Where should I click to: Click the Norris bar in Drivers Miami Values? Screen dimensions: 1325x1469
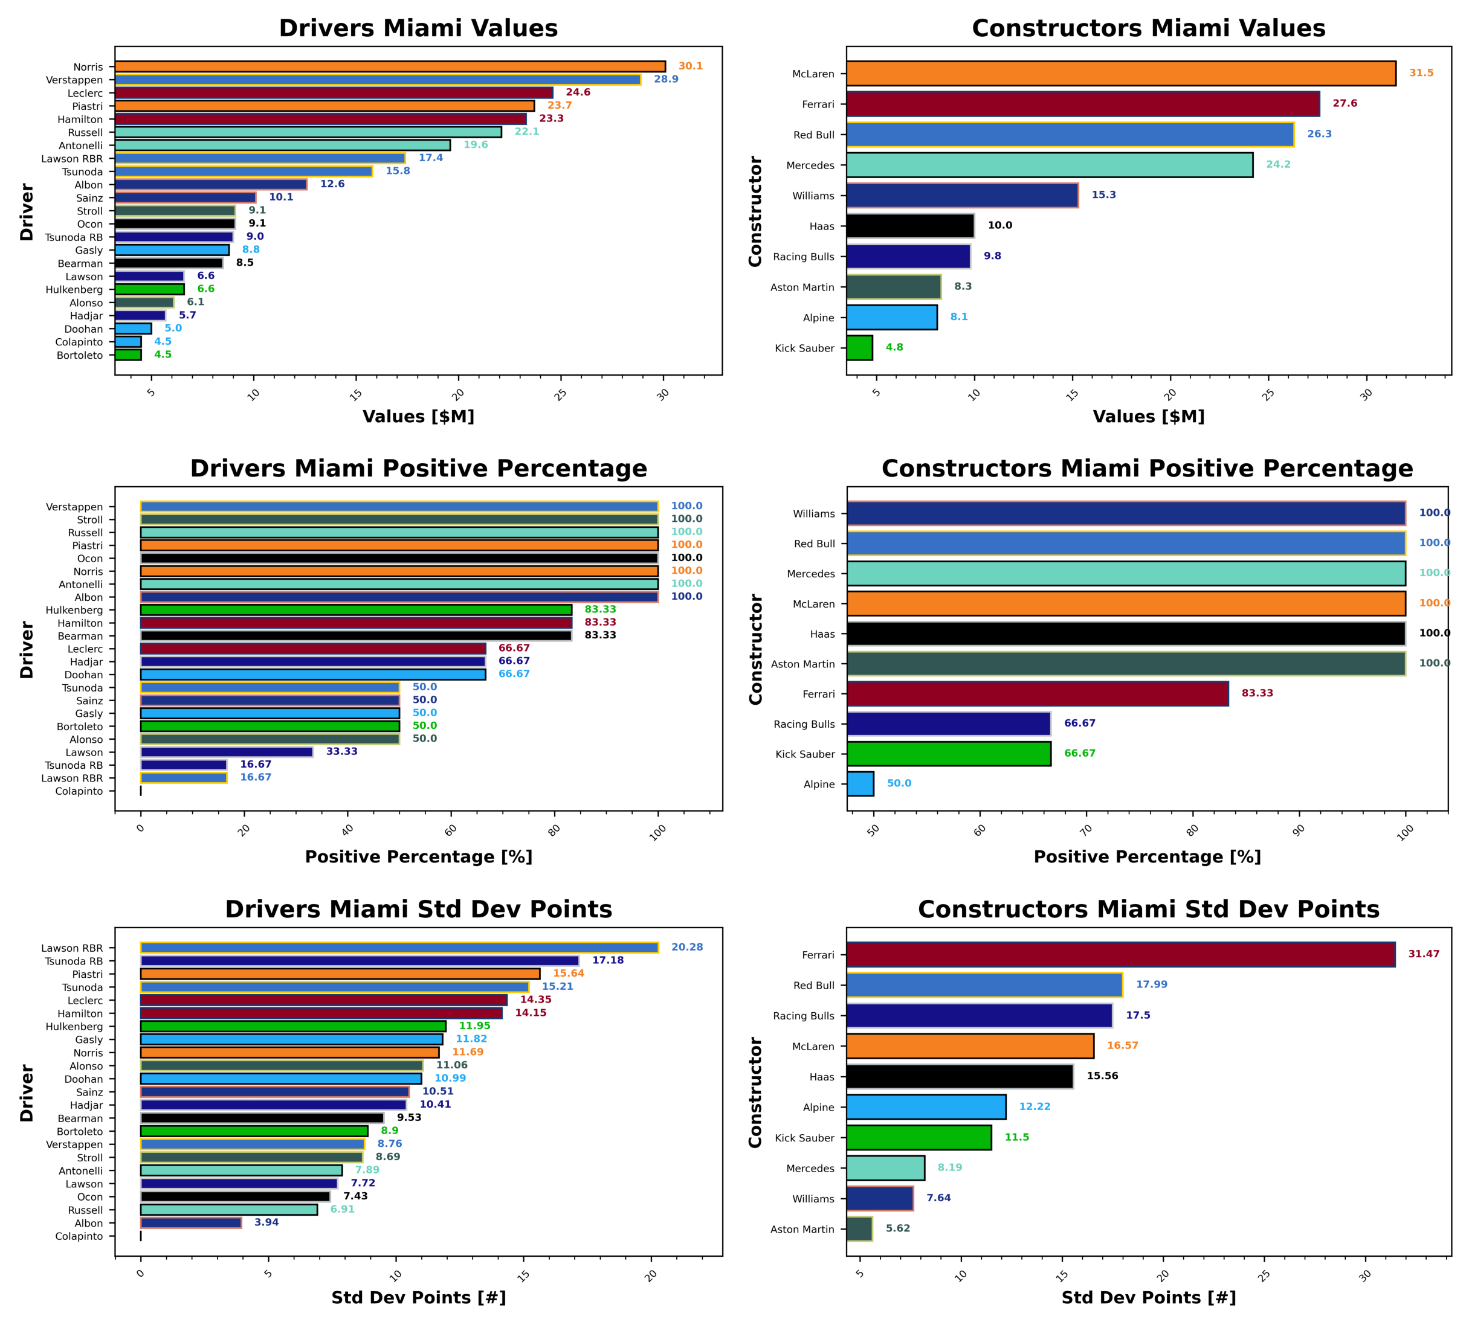(390, 66)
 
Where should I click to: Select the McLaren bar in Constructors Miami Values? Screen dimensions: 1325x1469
(1120, 74)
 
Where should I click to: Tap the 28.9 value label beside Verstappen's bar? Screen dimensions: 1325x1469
(666, 79)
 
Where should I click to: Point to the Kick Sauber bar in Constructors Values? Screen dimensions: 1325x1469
(859, 348)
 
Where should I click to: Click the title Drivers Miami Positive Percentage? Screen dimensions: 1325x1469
(418, 468)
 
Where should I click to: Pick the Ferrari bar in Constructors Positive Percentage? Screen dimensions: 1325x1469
(1037, 694)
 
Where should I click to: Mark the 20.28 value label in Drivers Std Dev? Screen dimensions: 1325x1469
(687, 947)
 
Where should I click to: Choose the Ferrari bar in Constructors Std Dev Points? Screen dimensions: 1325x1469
(1120, 954)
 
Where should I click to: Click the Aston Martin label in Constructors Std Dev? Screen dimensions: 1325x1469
(802, 1230)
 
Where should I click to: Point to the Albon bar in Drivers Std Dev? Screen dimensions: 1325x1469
(191, 1223)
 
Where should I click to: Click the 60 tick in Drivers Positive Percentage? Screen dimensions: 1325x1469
(451, 830)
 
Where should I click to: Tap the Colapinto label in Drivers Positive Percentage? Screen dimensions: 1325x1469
(79, 791)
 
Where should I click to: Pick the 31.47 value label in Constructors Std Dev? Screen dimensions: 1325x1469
(1423, 954)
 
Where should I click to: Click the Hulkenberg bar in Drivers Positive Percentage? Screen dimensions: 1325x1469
(356, 610)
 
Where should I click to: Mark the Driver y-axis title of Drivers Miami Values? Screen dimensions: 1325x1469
(27, 212)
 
